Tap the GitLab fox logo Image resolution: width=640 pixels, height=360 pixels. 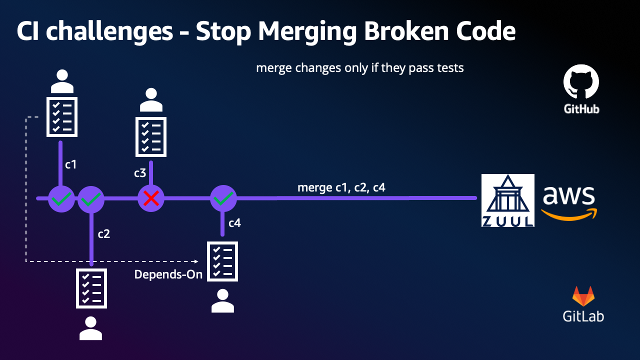pos(583,296)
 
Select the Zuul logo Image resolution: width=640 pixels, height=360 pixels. pos(507,200)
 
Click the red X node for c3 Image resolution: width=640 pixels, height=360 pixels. pos(151,199)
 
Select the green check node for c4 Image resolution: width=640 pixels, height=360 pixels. pos(223,199)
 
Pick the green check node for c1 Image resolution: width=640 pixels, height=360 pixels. pos(61,199)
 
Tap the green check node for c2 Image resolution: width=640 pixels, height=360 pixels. pos(91,199)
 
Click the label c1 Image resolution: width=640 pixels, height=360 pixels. pos(71,164)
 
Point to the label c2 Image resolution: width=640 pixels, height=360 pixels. pos(103,234)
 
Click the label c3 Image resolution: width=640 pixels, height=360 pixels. pos(140,173)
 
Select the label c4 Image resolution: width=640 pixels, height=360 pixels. pos(234,223)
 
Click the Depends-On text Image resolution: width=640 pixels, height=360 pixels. pos(168,274)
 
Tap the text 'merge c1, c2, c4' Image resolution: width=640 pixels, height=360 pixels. pos(341,187)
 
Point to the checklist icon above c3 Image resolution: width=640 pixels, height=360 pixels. pos(151,136)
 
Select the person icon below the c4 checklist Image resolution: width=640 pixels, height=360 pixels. pos(222,301)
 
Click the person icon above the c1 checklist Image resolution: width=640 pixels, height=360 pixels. pos(62,81)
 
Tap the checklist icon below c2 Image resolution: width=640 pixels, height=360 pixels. pos(91,288)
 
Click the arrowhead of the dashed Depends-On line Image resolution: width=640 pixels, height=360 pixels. pos(196,261)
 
